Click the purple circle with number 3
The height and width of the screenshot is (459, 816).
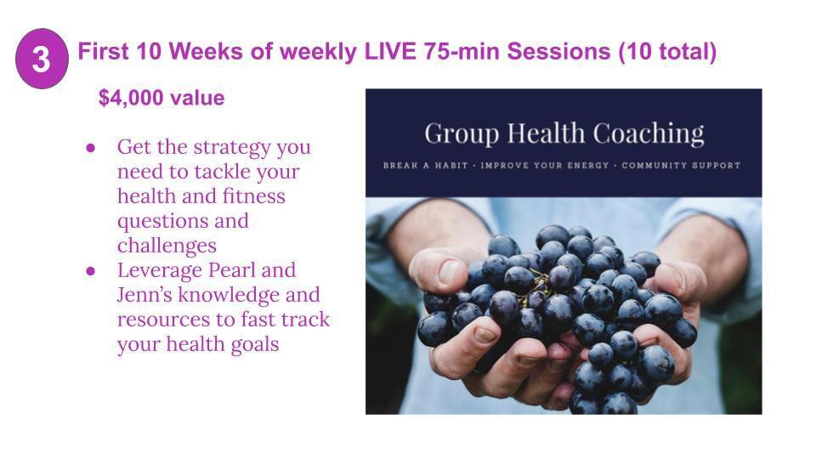(42, 59)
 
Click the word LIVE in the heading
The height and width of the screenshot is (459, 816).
(390, 52)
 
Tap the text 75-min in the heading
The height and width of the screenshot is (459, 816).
(462, 52)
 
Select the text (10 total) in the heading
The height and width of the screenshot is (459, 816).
(668, 52)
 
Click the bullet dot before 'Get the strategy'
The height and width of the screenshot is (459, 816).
(91, 148)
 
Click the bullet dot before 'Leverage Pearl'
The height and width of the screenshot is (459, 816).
(91, 271)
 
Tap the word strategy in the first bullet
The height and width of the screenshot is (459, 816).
(232, 148)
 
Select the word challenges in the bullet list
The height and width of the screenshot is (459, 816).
(167, 245)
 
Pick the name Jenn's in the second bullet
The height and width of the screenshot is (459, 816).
(144, 295)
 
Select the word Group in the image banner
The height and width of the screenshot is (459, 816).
(462, 134)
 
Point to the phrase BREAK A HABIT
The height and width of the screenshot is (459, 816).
(426, 166)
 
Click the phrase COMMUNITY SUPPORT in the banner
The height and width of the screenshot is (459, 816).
(681, 166)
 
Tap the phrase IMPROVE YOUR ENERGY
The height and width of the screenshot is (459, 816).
(544, 166)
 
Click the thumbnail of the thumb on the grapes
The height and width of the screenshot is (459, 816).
(448, 271)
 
